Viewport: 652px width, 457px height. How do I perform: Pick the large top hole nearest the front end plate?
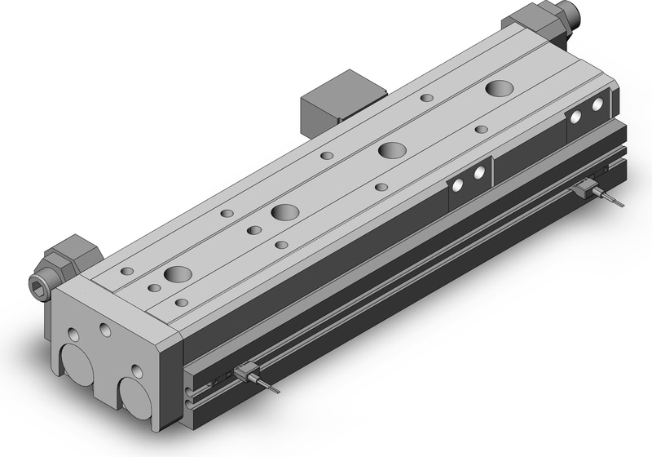[x=177, y=273]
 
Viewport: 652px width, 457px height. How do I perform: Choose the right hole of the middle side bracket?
[x=479, y=172]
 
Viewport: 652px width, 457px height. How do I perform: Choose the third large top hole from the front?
[x=392, y=150]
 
